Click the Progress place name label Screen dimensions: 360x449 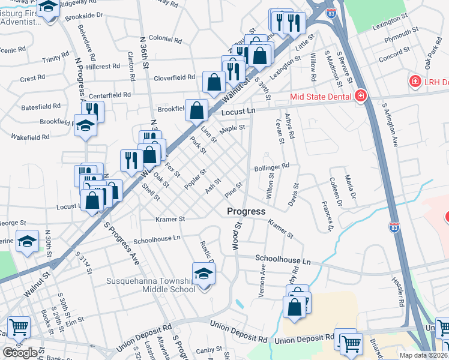pyautogui.click(x=246, y=211)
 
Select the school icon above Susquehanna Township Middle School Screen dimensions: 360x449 pyautogui.click(x=204, y=274)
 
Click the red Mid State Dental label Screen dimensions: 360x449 pyautogui.click(x=320, y=95)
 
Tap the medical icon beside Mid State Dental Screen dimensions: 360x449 pyautogui.click(x=360, y=95)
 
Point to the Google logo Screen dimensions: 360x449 pyautogui.click(x=20, y=352)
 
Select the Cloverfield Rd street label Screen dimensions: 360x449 pyautogui.click(x=175, y=77)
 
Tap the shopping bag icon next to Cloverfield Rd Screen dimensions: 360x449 pyautogui.click(x=214, y=82)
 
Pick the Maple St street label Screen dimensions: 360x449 pyautogui.click(x=232, y=128)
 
